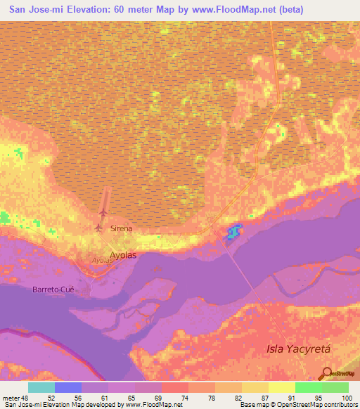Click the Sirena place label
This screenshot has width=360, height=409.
(x=122, y=229)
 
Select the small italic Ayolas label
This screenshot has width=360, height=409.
(x=103, y=261)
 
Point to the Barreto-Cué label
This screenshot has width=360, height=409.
(x=54, y=289)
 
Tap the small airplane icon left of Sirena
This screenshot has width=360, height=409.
(x=98, y=228)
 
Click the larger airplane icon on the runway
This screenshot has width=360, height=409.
(x=103, y=212)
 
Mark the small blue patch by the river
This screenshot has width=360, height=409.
(x=233, y=231)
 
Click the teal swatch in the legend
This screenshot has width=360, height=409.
(x=41, y=387)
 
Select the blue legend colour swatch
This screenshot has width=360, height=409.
(x=68, y=387)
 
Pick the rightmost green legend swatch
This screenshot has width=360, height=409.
(x=335, y=387)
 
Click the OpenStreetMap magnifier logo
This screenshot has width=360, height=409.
(x=326, y=372)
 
